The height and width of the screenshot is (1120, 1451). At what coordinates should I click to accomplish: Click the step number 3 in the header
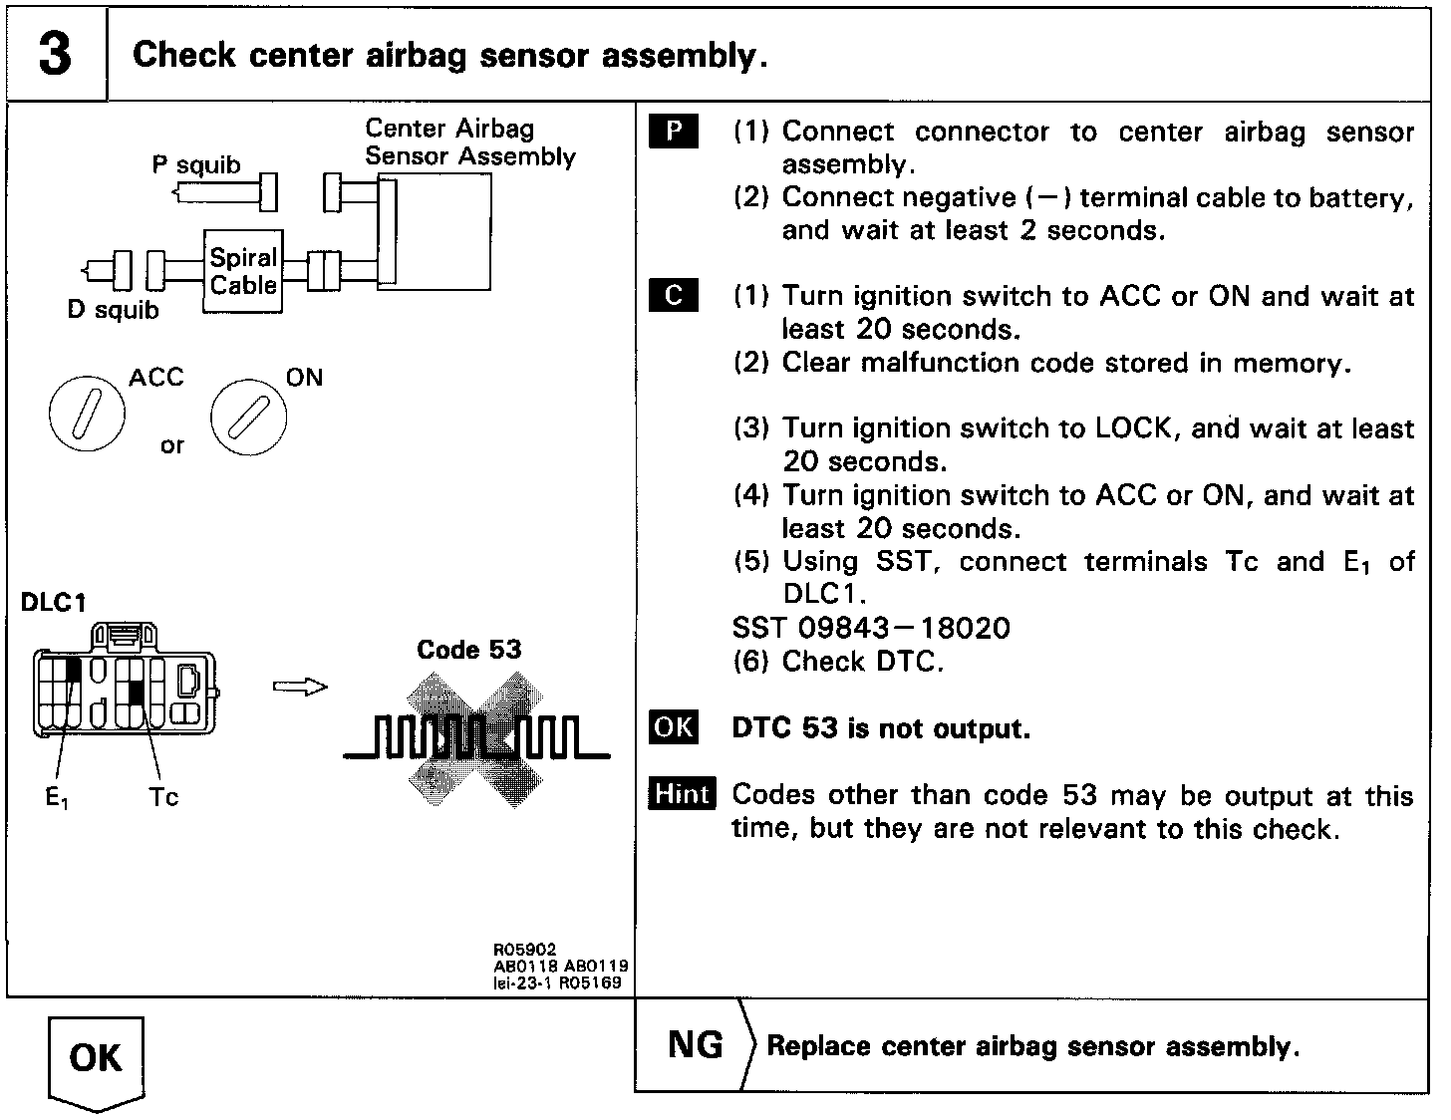(x=56, y=54)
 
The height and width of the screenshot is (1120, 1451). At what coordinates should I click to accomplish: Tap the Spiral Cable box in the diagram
(x=242, y=271)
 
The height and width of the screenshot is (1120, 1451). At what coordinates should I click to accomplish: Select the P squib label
(x=196, y=164)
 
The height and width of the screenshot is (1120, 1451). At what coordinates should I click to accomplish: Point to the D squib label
(x=113, y=310)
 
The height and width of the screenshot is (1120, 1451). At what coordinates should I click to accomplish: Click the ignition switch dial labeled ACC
(x=88, y=414)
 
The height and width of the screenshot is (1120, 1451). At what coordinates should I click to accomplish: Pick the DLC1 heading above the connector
(x=53, y=603)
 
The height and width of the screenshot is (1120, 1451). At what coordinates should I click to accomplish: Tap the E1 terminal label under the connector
(x=58, y=797)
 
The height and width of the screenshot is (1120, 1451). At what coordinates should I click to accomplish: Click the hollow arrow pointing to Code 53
(x=300, y=687)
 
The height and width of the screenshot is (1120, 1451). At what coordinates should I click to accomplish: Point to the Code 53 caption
(x=468, y=650)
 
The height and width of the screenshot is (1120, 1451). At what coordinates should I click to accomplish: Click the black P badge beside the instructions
(x=674, y=132)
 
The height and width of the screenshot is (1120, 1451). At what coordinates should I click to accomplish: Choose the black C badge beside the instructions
(x=674, y=296)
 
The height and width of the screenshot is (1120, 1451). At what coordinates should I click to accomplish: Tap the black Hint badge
(x=682, y=794)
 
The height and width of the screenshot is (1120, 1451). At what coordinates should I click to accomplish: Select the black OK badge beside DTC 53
(x=674, y=727)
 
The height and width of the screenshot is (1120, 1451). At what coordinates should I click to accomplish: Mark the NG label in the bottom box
(x=696, y=1044)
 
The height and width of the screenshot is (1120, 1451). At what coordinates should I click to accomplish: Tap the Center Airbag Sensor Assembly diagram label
(x=469, y=142)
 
